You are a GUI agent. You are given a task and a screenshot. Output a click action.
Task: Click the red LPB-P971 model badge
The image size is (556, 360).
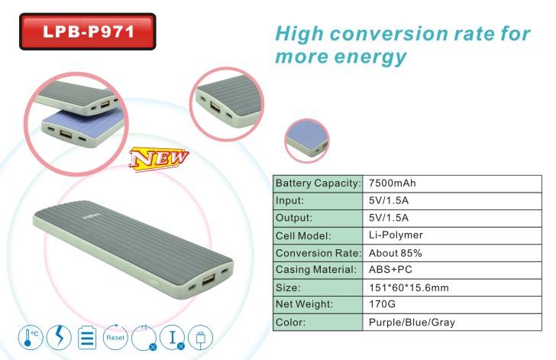click(x=88, y=31)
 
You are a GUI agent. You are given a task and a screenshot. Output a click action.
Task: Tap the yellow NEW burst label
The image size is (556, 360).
click(x=159, y=158)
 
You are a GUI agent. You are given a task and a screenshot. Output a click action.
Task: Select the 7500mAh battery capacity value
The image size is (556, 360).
click(x=393, y=183)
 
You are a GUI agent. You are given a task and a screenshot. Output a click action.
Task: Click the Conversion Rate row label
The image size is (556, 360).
click(x=318, y=253)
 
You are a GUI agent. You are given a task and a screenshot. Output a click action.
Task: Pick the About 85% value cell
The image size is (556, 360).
click(x=395, y=253)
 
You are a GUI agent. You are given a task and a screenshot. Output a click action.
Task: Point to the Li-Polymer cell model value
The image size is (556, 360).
click(x=396, y=235)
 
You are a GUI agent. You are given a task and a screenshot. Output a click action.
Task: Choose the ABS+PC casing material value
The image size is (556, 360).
click(x=390, y=270)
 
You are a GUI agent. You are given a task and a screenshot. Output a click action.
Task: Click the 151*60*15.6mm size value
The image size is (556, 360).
click(x=409, y=287)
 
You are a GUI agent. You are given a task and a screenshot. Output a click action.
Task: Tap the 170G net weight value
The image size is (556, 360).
click(x=382, y=304)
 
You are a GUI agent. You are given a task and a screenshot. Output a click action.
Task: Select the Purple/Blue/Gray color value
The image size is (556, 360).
click(x=412, y=323)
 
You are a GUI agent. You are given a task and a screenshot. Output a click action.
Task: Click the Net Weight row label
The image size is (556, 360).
click(x=304, y=304)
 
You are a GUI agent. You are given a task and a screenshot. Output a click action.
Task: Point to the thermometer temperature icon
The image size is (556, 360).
click(x=31, y=337)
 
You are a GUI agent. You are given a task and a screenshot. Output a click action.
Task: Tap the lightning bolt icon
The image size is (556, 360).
click(x=59, y=337)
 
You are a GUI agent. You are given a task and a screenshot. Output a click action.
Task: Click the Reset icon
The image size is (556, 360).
click(x=115, y=337)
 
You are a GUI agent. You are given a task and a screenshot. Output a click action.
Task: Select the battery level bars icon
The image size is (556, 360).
click(x=87, y=337)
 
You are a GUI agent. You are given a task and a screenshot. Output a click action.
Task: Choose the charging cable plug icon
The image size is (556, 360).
click(x=200, y=338)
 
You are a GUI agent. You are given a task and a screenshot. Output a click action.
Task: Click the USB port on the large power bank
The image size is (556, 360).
click(x=208, y=279)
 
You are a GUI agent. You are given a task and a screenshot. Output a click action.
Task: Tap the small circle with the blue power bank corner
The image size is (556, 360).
click(x=307, y=141)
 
